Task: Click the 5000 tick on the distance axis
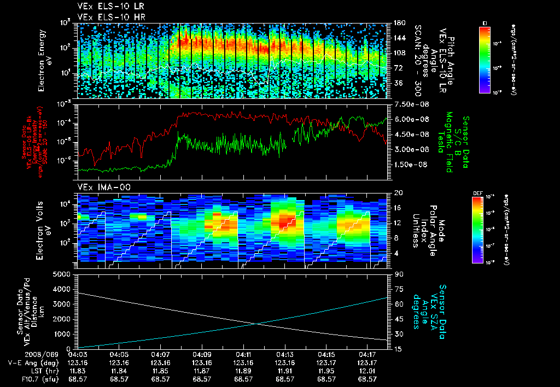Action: pyautogui.click(x=65, y=274)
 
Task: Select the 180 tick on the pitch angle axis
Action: pyautogui.click(x=398, y=22)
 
